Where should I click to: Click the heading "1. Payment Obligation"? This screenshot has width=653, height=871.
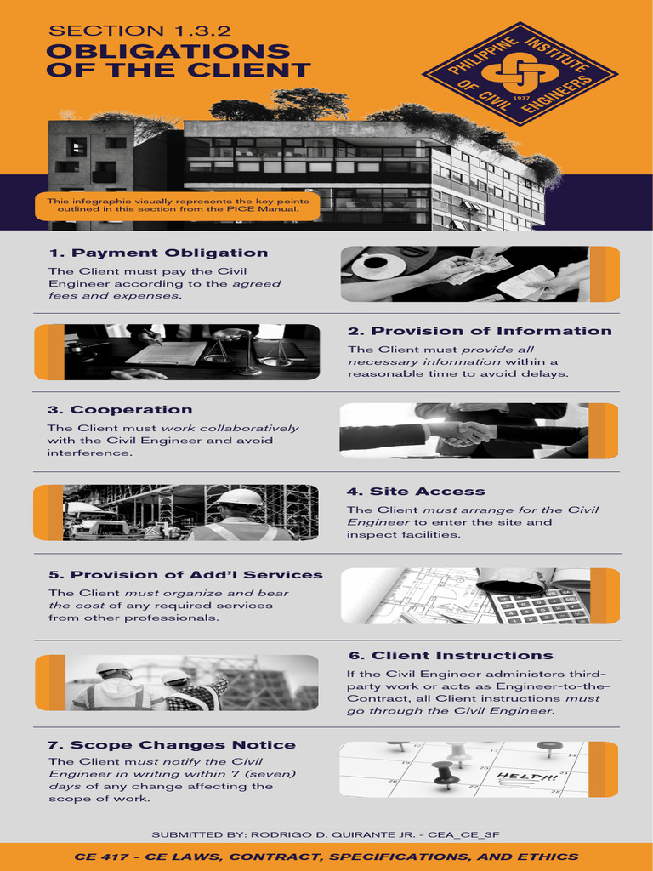click(x=158, y=253)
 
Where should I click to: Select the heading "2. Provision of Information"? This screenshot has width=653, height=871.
click(x=480, y=331)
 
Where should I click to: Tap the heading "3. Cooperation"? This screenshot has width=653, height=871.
click(x=120, y=410)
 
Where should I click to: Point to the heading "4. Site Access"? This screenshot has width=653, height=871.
click(x=416, y=492)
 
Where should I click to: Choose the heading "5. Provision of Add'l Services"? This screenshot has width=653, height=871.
click(x=185, y=575)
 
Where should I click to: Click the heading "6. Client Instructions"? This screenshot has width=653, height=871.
click(x=451, y=656)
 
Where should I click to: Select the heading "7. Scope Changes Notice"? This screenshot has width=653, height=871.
click(x=172, y=745)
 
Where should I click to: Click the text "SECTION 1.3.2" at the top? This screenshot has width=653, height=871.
click(x=139, y=31)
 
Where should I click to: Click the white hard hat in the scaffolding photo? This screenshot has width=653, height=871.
click(x=240, y=498)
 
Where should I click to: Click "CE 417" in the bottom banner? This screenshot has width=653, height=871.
click(x=99, y=857)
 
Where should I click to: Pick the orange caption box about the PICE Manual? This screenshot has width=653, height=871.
click(x=178, y=205)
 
